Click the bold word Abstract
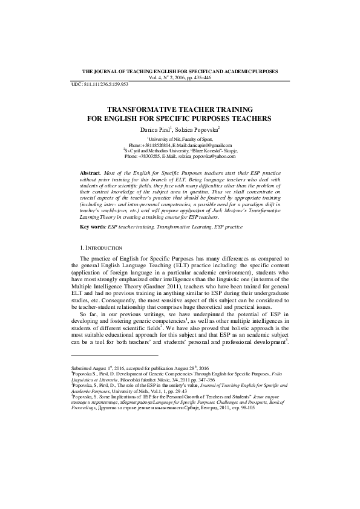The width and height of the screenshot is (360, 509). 91,173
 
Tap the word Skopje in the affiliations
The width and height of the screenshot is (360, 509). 227,151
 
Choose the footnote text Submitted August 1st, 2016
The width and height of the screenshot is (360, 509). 103,368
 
